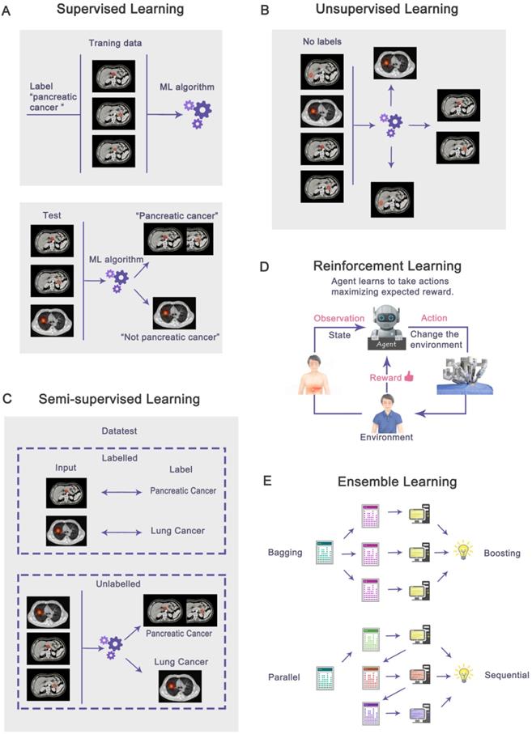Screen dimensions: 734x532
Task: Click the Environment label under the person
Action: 385,438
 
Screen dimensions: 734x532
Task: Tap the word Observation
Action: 331,318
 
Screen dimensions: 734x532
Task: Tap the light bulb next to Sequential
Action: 464,672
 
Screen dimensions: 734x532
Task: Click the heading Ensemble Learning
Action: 398,482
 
